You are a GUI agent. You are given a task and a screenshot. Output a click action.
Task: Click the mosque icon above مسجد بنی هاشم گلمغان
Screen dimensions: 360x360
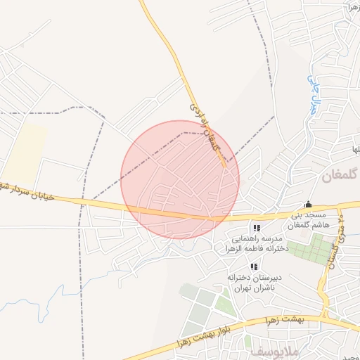tap(307, 205)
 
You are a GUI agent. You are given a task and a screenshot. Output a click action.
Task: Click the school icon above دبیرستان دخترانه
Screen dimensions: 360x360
tap(254, 266)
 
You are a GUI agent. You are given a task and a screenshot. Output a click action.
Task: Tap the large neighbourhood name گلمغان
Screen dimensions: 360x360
tap(340, 174)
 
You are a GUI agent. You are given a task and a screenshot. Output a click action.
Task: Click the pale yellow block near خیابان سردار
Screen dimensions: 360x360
tap(25, 150)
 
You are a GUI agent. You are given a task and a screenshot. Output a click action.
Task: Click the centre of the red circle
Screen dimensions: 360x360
tap(180, 180)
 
